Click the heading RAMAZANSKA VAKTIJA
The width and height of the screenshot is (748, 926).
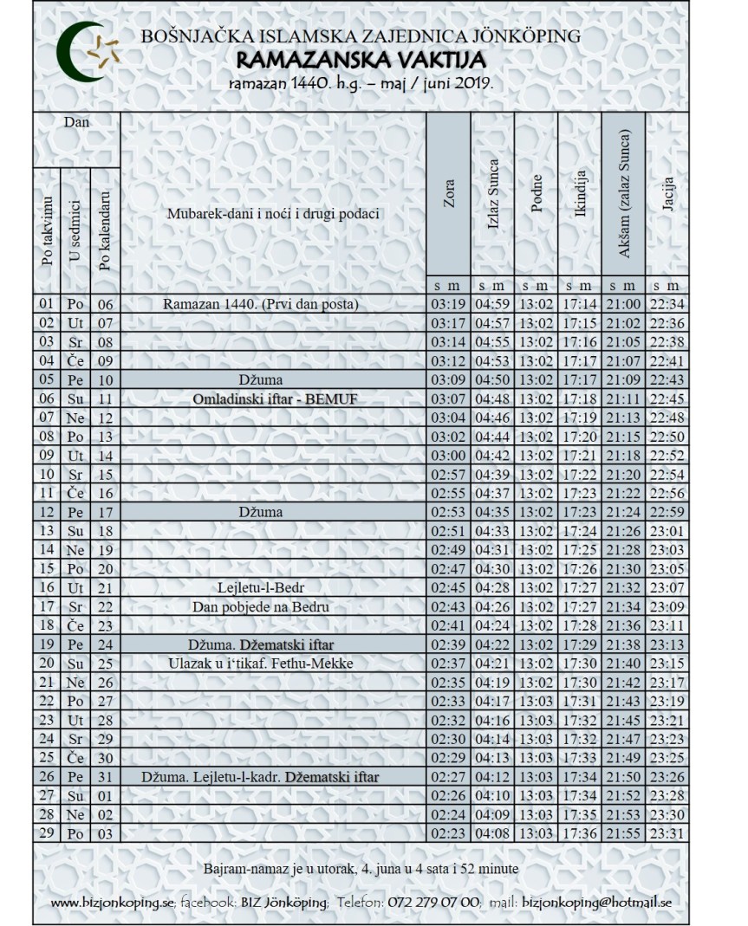coord(361,60)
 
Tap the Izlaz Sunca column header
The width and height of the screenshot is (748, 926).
coord(493,198)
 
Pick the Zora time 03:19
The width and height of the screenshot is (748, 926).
coord(448,304)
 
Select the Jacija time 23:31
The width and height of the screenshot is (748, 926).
coord(667,833)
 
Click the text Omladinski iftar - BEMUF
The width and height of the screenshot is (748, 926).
coord(274,398)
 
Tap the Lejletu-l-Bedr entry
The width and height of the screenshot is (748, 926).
coord(274,587)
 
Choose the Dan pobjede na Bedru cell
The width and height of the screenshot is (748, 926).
coord(274,606)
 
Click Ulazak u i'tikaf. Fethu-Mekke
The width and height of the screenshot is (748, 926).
coord(274,664)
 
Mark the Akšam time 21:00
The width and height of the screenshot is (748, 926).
coord(624,304)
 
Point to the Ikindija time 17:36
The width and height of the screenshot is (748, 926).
coord(580,833)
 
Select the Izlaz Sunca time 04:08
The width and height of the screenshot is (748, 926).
coord(492,833)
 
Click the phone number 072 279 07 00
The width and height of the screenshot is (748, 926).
coord(432,902)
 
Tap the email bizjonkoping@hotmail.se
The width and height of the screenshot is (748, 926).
coord(598,902)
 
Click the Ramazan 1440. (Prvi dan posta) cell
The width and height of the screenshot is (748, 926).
coord(261,304)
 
